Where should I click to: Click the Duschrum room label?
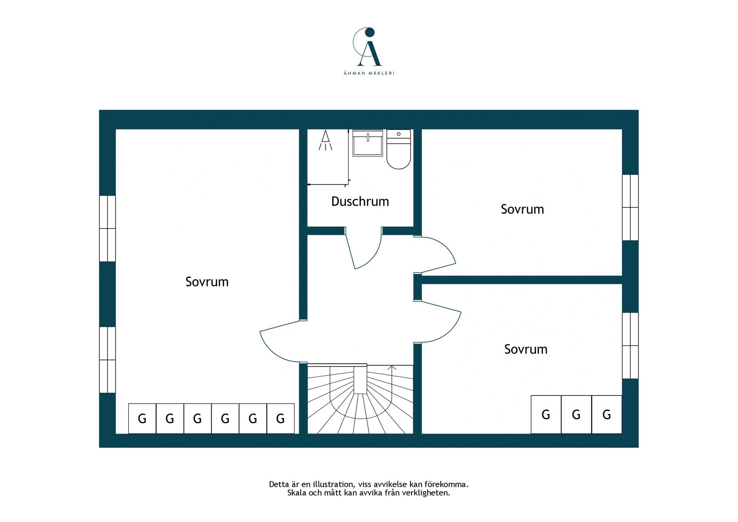tap(360, 202)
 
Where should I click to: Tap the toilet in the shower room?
tap(399, 149)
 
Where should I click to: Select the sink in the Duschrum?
tap(368, 143)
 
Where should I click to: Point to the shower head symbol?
tap(325, 140)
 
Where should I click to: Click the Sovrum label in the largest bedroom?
tap(207, 282)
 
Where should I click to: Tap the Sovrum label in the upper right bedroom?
tap(522, 209)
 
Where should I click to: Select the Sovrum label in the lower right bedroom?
tap(526, 349)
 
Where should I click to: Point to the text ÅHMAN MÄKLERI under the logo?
tap(369, 73)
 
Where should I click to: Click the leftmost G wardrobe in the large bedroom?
tap(142, 419)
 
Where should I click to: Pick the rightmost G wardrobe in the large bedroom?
tap(280, 419)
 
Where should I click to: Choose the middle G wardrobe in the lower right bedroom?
tap(576, 415)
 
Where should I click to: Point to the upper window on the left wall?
tap(107, 229)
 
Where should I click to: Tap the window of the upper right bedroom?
tap(630, 208)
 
